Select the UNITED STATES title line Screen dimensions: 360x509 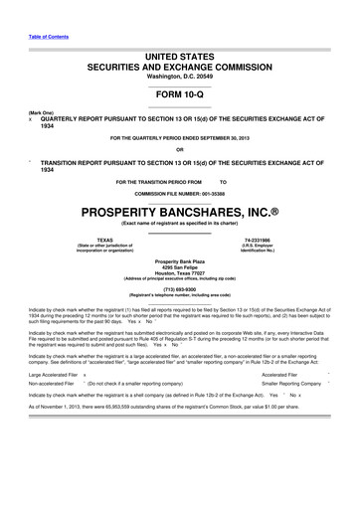click(x=179, y=60)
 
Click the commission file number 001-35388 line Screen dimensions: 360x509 click(x=179, y=193)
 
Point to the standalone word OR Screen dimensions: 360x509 click(x=179, y=150)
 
